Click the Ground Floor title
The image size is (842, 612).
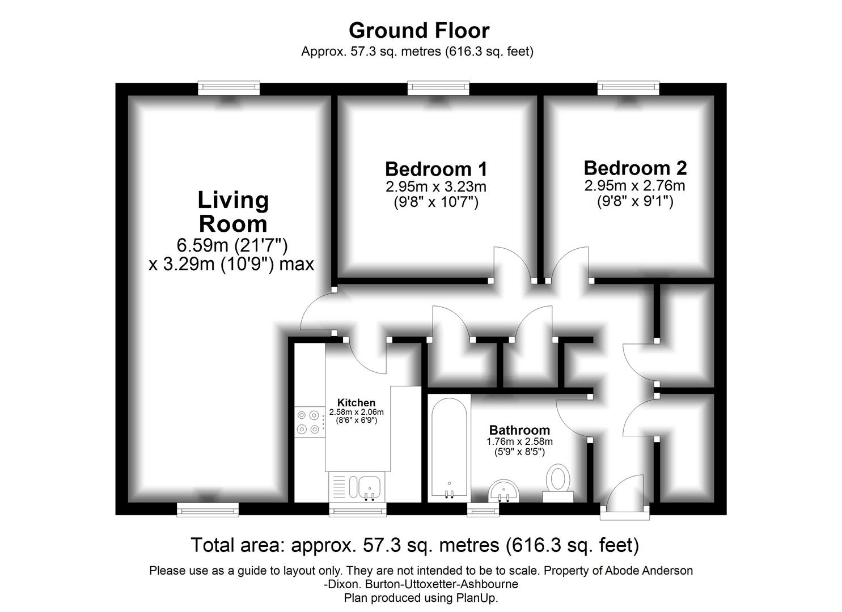tap(419, 31)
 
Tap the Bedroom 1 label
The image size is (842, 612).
tap(436, 169)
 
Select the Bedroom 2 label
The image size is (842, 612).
tap(635, 168)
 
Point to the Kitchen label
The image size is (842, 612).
tap(356, 403)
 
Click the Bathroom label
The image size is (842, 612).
tap(519, 430)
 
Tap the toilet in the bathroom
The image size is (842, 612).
tap(558, 483)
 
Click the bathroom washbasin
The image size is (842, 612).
tap(504, 491)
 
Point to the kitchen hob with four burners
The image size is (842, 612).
tap(310, 422)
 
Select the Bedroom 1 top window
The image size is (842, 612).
tap(438, 88)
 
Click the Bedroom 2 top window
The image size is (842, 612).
tap(628, 88)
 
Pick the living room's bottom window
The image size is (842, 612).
tap(208, 509)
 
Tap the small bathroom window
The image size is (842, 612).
tap(484, 510)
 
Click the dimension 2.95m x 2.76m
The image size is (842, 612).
tap(634, 186)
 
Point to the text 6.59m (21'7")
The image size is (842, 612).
tap(232, 246)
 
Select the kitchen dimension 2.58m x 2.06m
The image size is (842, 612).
tap(356, 412)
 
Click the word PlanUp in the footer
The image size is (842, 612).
tap(477, 598)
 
